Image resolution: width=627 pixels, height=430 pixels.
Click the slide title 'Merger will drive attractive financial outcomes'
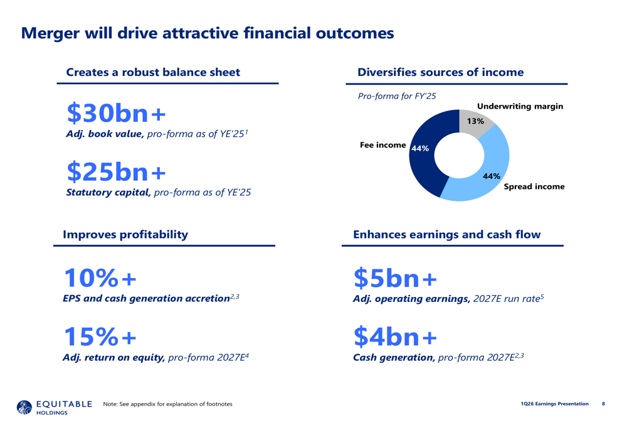[208, 33]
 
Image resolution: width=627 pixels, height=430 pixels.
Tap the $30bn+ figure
[117, 113]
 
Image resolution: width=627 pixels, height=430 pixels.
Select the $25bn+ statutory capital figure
[117, 171]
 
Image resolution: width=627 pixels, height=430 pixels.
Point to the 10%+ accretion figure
[100, 278]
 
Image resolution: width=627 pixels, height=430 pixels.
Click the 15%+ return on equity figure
[100, 336]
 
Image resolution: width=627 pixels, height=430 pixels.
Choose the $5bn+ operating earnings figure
[395, 278]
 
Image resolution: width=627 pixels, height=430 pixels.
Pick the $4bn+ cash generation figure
[395, 336]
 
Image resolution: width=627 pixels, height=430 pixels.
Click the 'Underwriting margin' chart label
[520, 107]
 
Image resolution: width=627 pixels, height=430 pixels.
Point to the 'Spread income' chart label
[534, 186]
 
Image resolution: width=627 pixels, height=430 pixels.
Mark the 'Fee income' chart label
[382, 145]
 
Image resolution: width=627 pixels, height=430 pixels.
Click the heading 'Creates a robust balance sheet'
[153, 72]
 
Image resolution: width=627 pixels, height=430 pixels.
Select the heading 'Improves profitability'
[125, 235]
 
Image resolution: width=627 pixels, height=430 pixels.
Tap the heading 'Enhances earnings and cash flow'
[446, 235]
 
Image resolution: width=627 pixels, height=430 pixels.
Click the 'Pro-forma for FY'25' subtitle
[397, 96]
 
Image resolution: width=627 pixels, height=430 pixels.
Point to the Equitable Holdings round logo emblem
[24, 407]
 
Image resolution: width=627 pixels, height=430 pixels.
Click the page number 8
[603, 404]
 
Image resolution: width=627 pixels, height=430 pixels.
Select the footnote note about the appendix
[167, 404]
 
